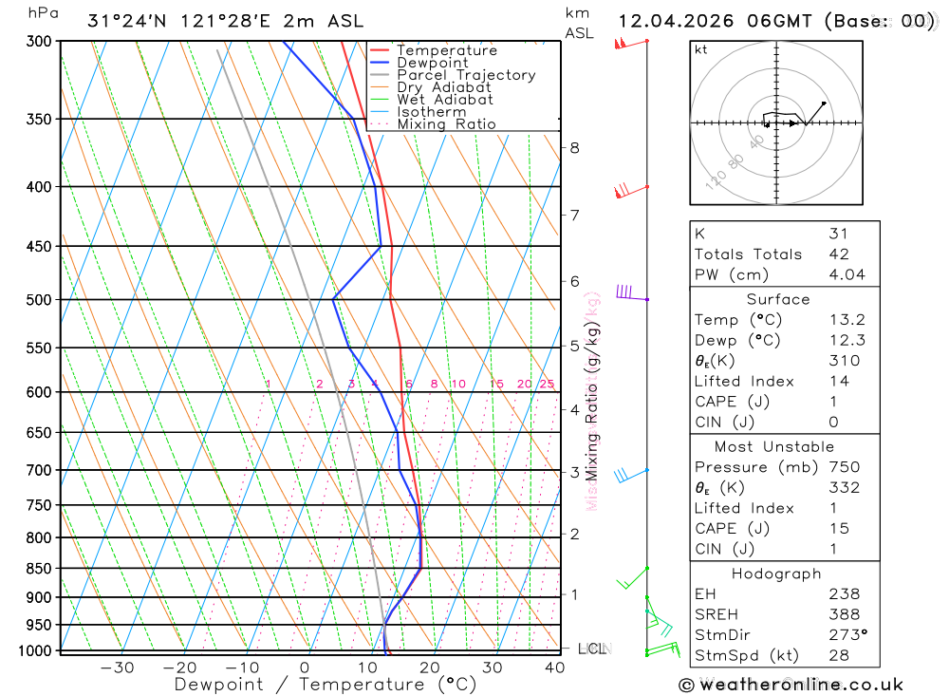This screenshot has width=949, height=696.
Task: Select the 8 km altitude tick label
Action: pyautogui.click(x=575, y=147)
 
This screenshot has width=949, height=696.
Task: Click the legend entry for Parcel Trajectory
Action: pyautogui.click(x=466, y=75)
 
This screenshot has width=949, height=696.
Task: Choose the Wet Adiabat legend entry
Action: pyautogui.click(x=445, y=100)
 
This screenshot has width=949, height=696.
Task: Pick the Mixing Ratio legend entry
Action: pyautogui.click(x=446, y=124)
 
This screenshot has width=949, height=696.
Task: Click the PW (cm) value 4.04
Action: pyautogui.click(x=846, y=274)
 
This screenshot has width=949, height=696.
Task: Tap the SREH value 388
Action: pyautogui.click(x=843, y=614)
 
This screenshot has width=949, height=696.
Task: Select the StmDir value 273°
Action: pyautogui.click(x=847, y=635)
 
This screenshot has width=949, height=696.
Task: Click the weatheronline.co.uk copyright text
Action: pyautogui.click(x=791, y=685)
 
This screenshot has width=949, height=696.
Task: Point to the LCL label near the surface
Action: pyautogui.click(x=591, y=649)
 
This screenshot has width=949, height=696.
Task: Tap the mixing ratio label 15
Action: pyautogui.click(x=496, y=384)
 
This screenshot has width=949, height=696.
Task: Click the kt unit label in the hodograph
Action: pyautogui.click(x=701, y=49)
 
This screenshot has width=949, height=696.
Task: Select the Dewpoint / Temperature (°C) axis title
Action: pyautogui.click(x=326, y=684)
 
